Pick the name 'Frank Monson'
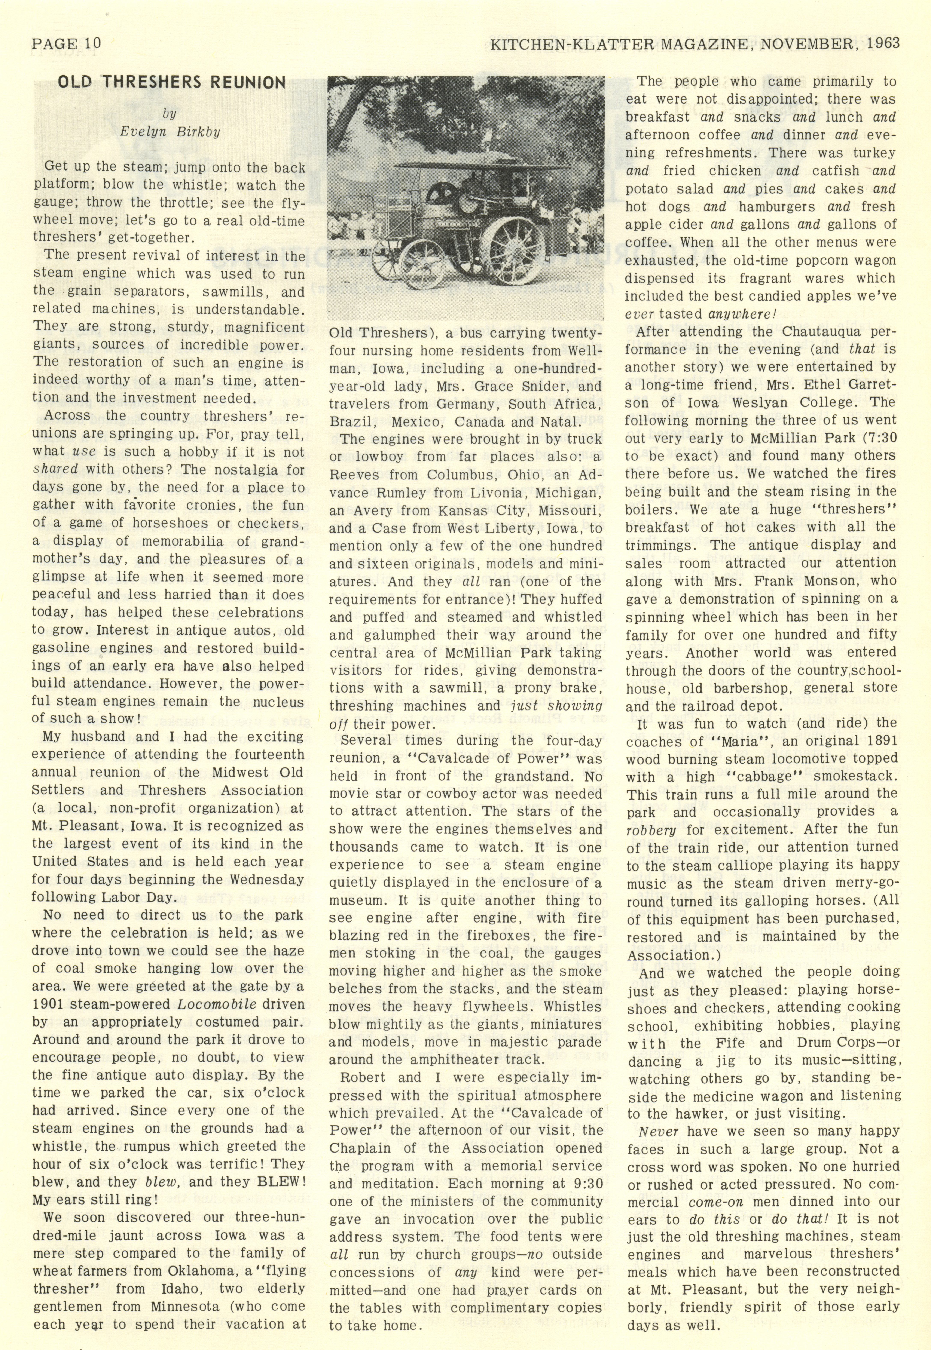773,581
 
